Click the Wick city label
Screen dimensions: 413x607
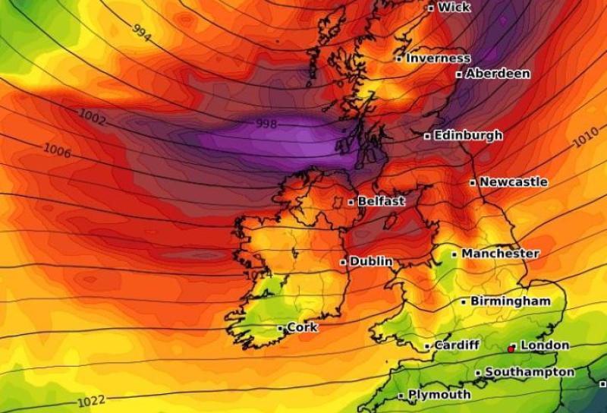[x=454, y=8]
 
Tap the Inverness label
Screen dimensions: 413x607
[x=438, y=58]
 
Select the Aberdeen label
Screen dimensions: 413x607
[x=497, y=74]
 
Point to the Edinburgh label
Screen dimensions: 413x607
[x=467, y=135]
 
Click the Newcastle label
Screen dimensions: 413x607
[x=513, y=182]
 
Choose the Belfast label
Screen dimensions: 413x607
[x=381, y=202]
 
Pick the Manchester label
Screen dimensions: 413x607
[x=500, y=253]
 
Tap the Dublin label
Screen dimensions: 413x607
[x=371, y=261]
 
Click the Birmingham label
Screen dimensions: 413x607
[x=510, y=301]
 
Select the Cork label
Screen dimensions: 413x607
[x=302, y=327]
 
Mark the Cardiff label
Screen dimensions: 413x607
[x=456, y=345]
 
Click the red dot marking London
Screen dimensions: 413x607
[x=511, y=348]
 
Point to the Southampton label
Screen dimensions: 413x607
[x=529, y=372]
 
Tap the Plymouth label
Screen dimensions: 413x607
[x=439, y=395]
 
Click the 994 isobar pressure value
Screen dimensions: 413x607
[x=141, y=31]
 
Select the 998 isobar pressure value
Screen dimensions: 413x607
[x=266, y=123]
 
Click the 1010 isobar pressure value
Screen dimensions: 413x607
[x=584, y=140]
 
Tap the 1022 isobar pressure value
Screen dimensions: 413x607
[x=91, y=400]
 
